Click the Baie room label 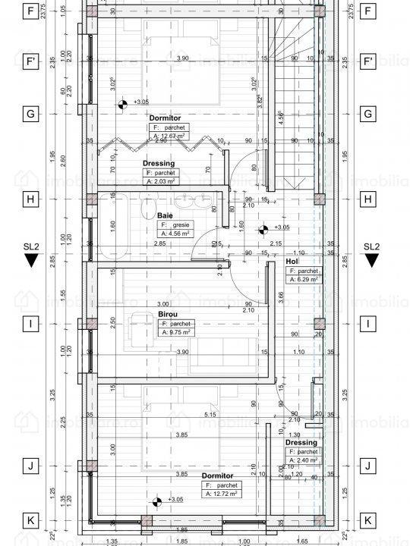point(165,215)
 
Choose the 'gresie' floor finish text point(179,225)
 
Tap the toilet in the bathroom point(150,209)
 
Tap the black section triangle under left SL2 point(31,261)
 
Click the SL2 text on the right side point(371,246)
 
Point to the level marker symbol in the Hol point(263,227)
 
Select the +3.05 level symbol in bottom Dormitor point(157,500)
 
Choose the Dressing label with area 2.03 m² point(159,163)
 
